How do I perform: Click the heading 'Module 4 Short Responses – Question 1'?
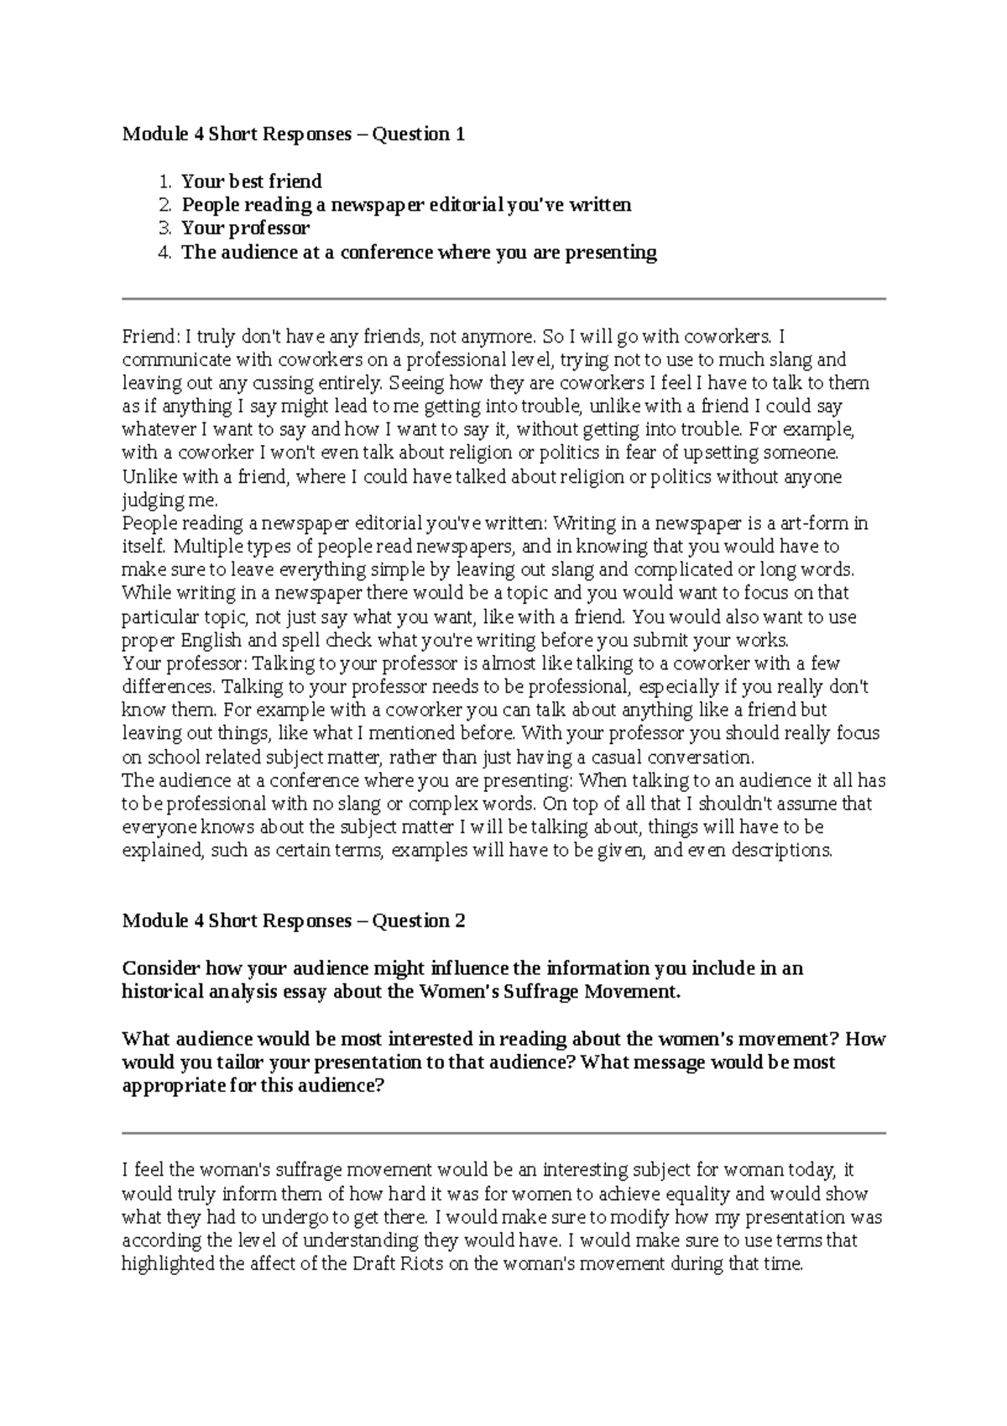coord(293,134)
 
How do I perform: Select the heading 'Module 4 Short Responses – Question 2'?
coord(293,921)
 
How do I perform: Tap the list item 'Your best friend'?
coord(252,181)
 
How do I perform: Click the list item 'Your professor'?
coord(246,228)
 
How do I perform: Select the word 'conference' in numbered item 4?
coord(387,253)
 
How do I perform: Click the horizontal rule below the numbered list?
coord(503,298)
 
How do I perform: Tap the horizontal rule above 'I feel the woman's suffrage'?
coord(503,1133)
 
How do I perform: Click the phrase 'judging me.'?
coord(170,501)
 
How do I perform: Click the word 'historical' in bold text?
coord(159,992)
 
